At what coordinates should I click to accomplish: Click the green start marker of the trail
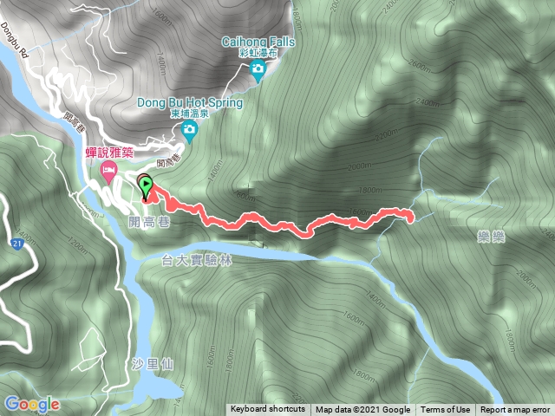[145, 185]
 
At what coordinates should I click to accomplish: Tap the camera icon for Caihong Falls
[257, 70]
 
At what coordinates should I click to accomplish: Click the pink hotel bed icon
[108, 168]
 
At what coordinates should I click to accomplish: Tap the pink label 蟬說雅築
[108, 151]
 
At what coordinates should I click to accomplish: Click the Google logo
[32, 404]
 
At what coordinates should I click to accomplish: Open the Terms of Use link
[445, 410]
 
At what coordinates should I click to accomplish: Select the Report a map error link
[515, 410]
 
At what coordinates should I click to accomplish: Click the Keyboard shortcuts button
[267, 410]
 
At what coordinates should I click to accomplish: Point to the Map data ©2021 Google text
[362, 410]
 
